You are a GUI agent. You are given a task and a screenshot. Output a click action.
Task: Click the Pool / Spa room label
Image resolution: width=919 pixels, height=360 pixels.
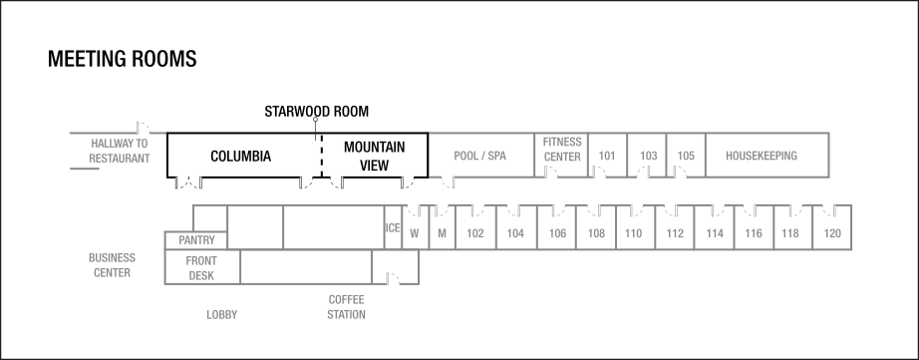480,156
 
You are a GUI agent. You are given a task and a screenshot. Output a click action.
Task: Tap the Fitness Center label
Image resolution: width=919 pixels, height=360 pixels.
562,150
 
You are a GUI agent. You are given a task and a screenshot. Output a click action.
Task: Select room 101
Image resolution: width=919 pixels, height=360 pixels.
607,156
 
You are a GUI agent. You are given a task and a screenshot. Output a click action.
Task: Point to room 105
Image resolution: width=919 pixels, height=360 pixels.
686,156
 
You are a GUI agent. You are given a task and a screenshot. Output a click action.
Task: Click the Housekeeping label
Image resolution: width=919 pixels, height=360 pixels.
762,156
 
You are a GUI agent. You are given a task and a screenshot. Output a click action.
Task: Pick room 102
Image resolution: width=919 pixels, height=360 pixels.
475,233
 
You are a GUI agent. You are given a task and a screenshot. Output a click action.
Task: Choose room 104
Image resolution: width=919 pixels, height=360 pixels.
515,233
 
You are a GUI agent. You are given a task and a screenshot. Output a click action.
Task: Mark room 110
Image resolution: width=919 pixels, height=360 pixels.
633,233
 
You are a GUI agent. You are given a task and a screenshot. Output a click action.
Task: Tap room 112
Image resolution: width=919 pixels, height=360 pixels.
676,233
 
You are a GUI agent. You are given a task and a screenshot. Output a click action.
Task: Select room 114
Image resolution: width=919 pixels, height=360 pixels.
715,233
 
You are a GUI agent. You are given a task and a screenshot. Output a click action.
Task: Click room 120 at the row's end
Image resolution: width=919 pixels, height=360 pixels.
832,233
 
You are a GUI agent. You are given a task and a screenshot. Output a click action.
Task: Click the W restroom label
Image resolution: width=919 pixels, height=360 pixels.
415,233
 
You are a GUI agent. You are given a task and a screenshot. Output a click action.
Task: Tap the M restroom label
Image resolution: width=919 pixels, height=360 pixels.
442,233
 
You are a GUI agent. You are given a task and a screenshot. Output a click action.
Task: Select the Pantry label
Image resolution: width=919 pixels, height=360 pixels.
197,240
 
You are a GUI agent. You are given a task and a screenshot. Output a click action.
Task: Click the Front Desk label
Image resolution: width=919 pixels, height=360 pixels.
202,268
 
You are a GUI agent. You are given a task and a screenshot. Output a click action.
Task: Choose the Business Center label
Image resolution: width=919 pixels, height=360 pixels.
112,265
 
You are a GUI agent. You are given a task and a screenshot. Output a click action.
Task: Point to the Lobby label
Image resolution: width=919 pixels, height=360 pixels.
221,315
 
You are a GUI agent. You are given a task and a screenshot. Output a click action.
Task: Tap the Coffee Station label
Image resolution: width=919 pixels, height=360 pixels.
347,307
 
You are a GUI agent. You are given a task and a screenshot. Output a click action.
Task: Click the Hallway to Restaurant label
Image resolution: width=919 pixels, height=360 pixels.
119,151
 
